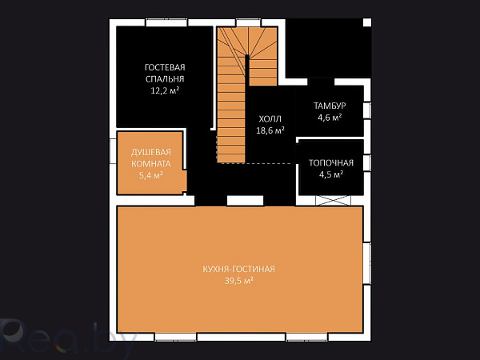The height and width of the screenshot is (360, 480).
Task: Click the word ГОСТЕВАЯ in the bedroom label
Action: coord(165,67)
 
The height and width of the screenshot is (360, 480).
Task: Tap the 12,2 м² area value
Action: coord(165,90)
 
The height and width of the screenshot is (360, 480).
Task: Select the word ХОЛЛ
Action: coord(270,119)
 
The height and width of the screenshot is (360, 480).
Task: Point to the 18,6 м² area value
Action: coord(270,130)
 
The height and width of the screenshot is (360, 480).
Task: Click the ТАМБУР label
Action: coord(330,106)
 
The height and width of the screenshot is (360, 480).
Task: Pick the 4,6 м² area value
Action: coord(330,118)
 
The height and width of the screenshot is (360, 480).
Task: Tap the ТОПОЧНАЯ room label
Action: coord(331,163)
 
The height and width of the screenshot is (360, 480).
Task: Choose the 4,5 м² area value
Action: coord(331,174)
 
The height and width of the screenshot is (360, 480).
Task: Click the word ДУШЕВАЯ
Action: coord(151,152)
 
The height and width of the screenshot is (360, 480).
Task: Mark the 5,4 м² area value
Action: coord(151,175)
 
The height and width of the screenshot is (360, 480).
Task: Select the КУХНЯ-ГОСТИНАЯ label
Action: coord(238,269)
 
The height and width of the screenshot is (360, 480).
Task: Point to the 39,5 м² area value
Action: coord(238,281)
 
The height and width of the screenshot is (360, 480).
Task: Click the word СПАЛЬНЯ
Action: coord(165,79)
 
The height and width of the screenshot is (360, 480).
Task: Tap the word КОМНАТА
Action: coord(151,164)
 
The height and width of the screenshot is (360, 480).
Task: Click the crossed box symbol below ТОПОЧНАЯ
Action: coord(333,201)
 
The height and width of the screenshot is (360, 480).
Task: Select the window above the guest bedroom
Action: coord(166,22)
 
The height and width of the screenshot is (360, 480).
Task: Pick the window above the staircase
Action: coord(249,22)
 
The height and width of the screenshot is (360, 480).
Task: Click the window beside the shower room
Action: coord(113,150)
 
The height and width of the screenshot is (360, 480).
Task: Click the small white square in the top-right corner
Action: coord(367,22)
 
